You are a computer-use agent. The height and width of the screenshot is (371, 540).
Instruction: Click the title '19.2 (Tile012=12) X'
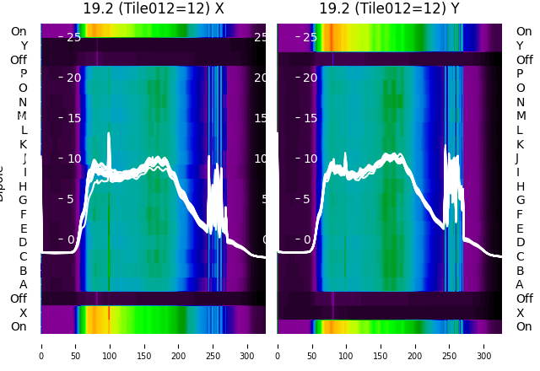154,8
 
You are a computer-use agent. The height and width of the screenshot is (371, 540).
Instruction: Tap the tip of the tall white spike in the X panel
109,133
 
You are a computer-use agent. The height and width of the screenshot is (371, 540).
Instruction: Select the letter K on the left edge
24,144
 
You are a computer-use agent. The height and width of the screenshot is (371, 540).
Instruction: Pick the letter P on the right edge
520,73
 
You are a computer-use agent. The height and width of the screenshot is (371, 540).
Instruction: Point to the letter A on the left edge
24,284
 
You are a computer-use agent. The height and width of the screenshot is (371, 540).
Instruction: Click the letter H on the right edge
520,186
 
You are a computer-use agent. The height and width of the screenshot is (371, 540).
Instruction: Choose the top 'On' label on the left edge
19,31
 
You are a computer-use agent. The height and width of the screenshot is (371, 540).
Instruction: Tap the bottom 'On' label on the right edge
524,326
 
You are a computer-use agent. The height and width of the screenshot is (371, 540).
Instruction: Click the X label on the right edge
520,313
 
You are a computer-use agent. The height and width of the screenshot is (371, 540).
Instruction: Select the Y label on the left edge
24,46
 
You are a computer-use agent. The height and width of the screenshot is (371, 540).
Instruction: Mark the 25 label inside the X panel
73,37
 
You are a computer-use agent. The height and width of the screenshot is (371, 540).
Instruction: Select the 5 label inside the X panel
71,199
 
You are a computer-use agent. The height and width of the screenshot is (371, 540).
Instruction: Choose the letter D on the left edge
24,242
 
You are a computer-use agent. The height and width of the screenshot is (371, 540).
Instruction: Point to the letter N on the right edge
520,102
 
